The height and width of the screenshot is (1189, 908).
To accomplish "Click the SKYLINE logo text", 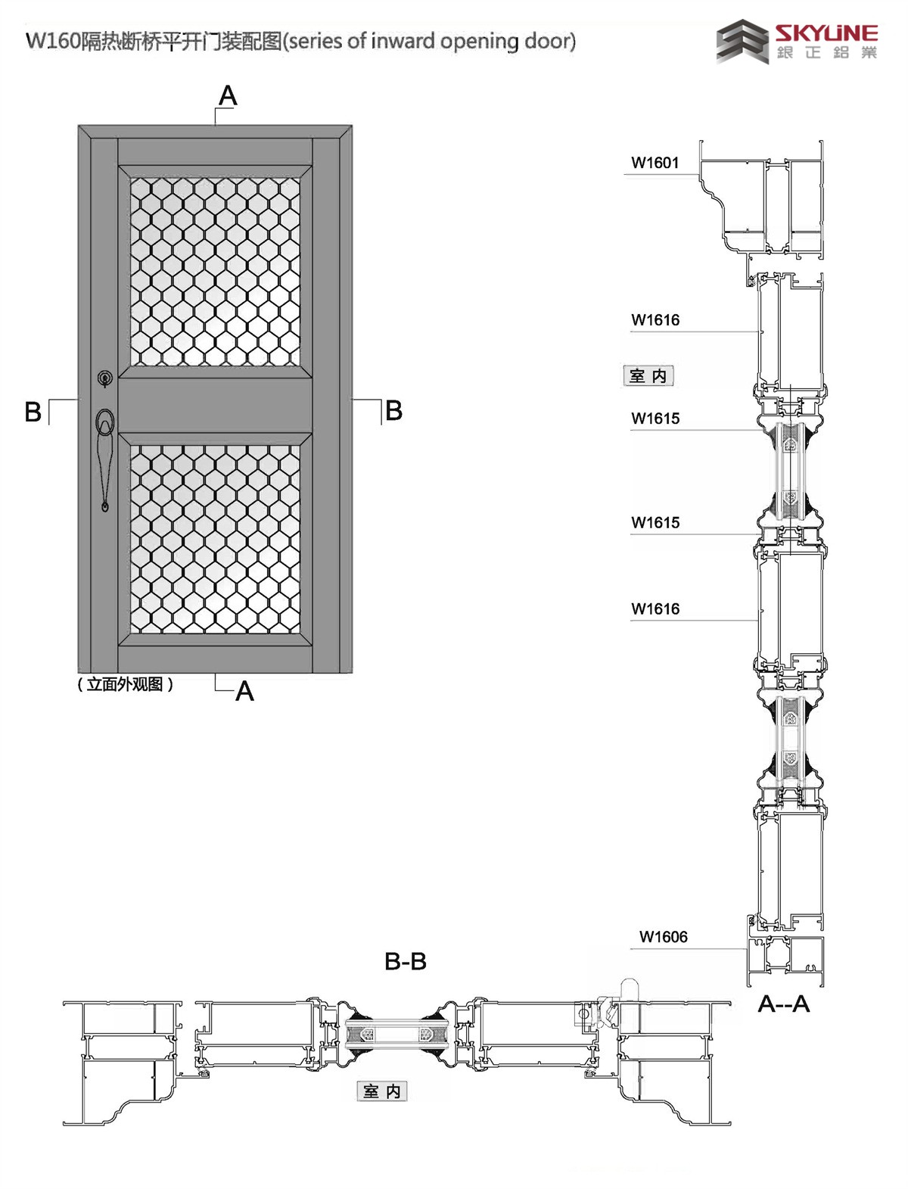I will coord(826,33).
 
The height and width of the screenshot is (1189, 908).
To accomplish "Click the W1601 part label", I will coord(655,163).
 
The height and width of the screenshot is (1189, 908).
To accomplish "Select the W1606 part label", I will coord(664,937).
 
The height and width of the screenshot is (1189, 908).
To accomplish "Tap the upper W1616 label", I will coord(655,320).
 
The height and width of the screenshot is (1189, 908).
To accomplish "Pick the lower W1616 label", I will coord(655,609).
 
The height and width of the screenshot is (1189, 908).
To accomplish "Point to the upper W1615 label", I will coord(655,419).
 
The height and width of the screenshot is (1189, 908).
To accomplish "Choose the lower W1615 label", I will coord(655,523).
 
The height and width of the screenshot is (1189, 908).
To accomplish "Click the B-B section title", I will coord(406,962).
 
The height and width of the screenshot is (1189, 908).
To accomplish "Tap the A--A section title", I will coord(784,1004).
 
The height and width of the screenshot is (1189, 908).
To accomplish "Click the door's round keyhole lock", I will coord(105,377).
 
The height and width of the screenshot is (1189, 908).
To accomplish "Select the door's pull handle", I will coord(106,454).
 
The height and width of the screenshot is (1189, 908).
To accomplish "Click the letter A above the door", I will coord(228,96).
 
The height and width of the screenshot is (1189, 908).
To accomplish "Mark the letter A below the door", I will coord(244,692).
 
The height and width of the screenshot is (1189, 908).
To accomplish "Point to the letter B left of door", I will coord(33,412).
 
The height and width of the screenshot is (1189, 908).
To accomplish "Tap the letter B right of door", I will coord(393,411).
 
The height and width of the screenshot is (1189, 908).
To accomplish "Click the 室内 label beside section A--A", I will coord(648,376).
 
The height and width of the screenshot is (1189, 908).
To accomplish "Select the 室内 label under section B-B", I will coord(381,1091).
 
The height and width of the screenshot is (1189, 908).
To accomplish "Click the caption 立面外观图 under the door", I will coord(126,684).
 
